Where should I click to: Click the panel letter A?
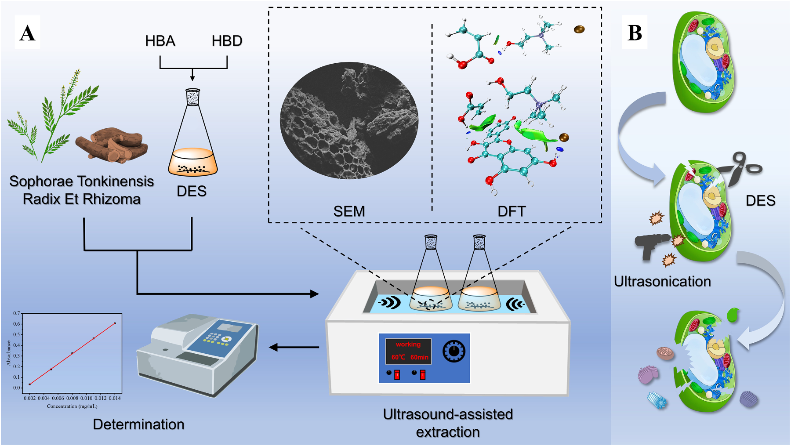(27, 33)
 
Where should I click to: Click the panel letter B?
(635, 33)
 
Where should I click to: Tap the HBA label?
(160, 41)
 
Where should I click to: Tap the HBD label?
(227, 41)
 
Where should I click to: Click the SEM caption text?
(349, 211)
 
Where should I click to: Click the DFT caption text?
(512, 211)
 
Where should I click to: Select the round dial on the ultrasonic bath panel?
(454, 351)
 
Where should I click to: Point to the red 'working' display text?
(408, 344)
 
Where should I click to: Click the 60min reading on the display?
(419, 357)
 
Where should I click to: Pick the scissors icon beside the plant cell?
(743, 169)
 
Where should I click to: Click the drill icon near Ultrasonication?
(652, 245)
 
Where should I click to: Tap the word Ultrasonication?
(662, 281)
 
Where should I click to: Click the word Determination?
(138, 424)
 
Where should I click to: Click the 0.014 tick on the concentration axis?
(115, 398)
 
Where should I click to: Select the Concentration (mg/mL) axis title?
(72, 406)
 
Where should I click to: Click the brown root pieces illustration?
(112, 145)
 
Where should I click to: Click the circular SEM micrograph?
(349, 120)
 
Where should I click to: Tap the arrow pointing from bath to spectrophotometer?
(294, 347)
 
